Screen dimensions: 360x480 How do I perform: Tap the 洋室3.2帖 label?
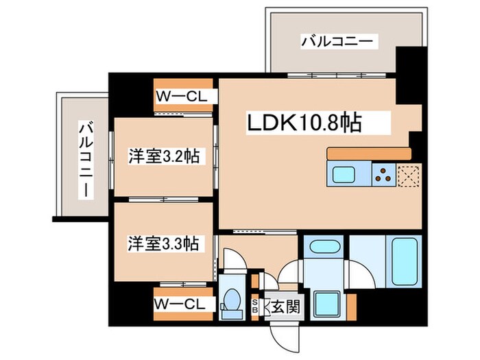pyautogui.click(x=165, y=157)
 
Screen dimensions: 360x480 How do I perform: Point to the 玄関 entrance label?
pyautogui.click(x=285, y=307)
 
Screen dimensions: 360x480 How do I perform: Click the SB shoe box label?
pyautogui.click(x=256, y=306)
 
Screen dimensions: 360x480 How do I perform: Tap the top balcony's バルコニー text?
pyautogui.click(x=338, y=43)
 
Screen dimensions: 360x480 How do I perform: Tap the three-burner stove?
pyautogui.click(x=383, y=175)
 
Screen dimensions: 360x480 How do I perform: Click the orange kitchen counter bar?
pyautogui.click(x=368, y=153)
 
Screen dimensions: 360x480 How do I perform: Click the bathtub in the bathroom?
pyautogui.click(x=405, y=262)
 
